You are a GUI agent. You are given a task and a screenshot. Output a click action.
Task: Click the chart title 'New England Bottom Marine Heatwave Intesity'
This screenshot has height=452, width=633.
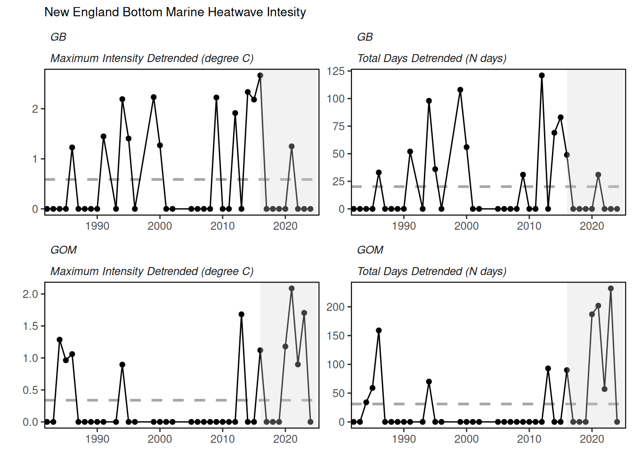175,12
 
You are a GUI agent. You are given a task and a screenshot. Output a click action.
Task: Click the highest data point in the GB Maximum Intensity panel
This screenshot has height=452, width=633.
260,75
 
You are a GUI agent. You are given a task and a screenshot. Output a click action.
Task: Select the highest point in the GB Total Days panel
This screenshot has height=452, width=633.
542,75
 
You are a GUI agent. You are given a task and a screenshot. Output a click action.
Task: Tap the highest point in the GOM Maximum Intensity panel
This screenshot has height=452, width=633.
292,289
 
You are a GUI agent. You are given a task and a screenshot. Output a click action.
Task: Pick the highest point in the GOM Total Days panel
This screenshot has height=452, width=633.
611,289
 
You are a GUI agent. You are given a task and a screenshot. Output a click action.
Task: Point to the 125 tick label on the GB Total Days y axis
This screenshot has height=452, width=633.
336,71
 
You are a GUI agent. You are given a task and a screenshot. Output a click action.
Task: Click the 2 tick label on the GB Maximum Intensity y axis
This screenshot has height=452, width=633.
35,109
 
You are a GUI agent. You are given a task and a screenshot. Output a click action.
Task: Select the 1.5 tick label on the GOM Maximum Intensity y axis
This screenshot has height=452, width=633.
30,326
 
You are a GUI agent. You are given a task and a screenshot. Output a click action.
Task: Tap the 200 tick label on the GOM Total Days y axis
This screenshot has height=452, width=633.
336,307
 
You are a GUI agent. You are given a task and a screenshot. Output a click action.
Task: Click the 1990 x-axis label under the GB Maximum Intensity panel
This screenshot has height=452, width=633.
97,226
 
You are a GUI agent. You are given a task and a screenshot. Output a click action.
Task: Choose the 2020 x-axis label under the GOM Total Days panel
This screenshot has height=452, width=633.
592,439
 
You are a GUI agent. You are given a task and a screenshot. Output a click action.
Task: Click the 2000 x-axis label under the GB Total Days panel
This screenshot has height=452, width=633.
466,226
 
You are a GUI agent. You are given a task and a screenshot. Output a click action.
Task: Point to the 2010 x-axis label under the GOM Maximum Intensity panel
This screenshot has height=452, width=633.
222,439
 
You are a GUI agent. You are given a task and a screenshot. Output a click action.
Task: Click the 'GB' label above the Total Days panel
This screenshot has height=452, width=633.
365,37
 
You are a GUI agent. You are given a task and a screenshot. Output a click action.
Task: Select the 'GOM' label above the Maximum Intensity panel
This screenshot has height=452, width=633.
64,250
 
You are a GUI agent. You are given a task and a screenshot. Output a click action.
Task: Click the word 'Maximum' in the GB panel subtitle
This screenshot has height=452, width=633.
73,58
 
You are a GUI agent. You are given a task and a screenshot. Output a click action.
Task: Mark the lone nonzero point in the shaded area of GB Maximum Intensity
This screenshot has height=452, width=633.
292,146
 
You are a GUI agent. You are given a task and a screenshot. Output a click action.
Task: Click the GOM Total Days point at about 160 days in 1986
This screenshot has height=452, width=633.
379,331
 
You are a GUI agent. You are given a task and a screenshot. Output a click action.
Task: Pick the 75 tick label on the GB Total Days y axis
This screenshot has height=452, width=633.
339,126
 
